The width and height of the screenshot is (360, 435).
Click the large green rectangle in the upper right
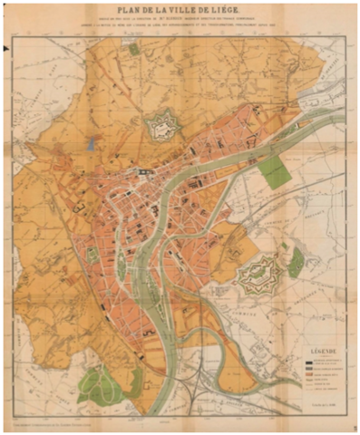pyautogui.click(x=272, y=172)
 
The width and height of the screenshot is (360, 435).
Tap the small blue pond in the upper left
pyautogui.click(x=91, y=143)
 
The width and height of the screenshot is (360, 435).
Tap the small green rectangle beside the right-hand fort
pyautogui.click(x=295, y=262)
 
